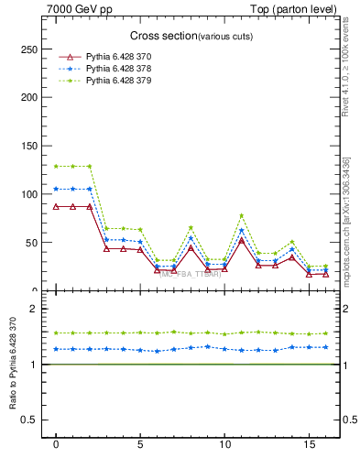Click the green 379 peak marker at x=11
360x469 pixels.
241,215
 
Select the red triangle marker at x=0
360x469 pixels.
57,207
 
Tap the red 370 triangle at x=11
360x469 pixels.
241,240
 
